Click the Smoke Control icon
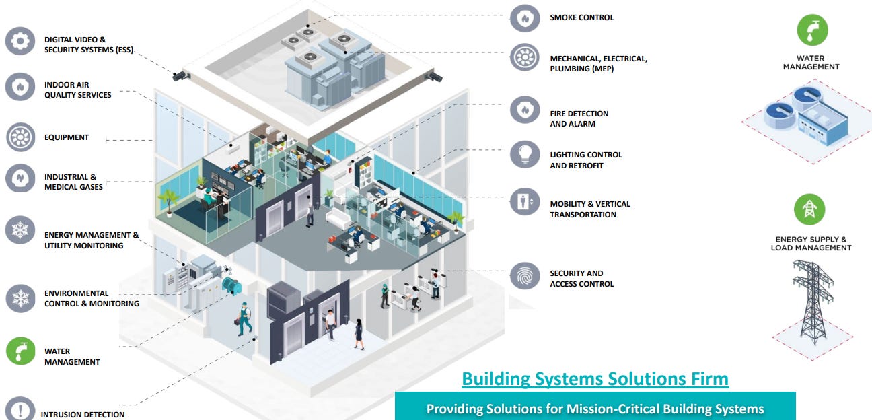[x=524, y=17]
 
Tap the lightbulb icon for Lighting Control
[x=524, y=154]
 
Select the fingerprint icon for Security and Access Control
[x=524, y=276]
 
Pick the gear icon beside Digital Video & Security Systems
[x=20, y=41]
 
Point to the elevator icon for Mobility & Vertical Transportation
[x=524, y=201]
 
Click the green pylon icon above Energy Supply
[x=809, y=210]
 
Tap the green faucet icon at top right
[x=811, y=31]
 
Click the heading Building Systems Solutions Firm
[x=594, y=379]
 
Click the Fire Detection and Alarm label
[x=579, y=119]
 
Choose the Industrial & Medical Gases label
[x=73, y=182]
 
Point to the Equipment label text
[x=67, y=137]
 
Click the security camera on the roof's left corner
[x=180, y=75]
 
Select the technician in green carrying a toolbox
[x=244, y=319]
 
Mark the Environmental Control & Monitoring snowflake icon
[x=20, y=298]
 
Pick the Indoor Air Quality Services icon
[x=20, y=87]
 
